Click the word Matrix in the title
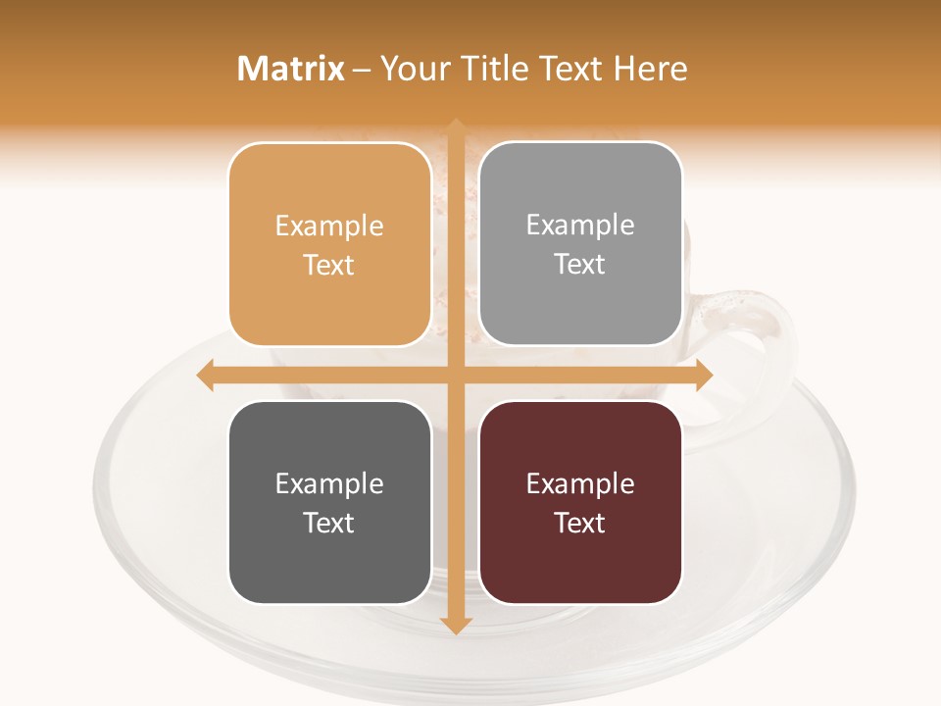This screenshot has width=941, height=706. [291, 69]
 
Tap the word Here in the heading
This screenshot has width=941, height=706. [650, 69]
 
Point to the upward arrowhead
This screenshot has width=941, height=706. [455, 126]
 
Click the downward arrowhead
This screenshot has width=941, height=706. [455, 625]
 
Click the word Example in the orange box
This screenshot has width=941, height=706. [329, 227]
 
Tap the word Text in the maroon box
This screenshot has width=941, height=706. [580, 523]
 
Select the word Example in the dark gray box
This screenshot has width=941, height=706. [329, 483]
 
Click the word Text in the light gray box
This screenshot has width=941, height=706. [580, 264]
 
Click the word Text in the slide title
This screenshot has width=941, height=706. [570, 69]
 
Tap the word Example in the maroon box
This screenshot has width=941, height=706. [580, 483]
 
